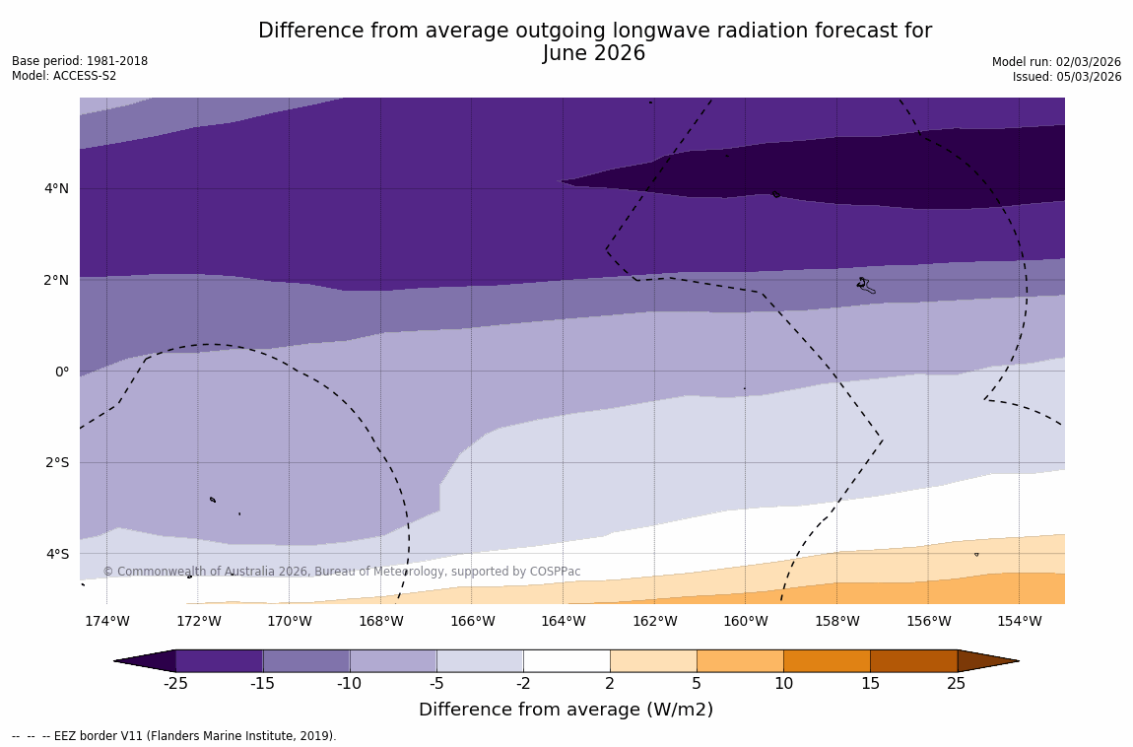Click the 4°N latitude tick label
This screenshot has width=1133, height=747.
[56, 188]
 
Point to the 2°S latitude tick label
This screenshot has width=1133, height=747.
[56, 462]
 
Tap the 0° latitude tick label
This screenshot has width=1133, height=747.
[62, 372]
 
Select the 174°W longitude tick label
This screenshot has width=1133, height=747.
[106, 621]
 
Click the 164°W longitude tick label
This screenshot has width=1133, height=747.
[563, 621]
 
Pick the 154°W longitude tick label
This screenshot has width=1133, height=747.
[1019, 621]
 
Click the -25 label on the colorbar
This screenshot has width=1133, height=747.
[175, 684]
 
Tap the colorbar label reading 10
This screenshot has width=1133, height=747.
[783, 684]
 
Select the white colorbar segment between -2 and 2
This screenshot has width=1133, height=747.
[566, 660]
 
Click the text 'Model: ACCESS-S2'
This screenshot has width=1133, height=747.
[64, 76]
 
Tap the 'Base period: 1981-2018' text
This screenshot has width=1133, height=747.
[80, 61]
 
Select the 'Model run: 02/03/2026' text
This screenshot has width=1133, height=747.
[1056, 62]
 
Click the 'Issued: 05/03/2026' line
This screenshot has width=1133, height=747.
[1067, 77]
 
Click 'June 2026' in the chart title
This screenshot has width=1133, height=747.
[594, 53]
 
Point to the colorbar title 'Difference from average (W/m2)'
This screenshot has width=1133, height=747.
[566, 710]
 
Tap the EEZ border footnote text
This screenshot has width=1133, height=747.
[174, 736]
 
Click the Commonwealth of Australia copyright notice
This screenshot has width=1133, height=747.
[342, 572]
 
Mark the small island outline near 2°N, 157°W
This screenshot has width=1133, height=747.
[864, 285]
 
